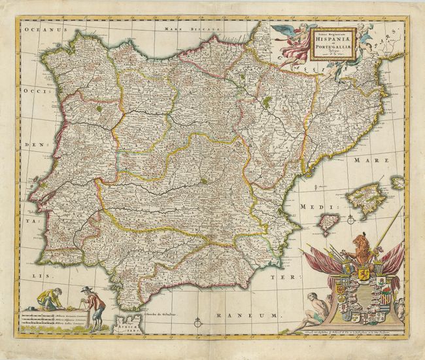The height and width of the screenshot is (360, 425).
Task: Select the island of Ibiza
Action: click(329, 223)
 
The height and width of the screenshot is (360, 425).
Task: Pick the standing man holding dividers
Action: click(94, 308)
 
